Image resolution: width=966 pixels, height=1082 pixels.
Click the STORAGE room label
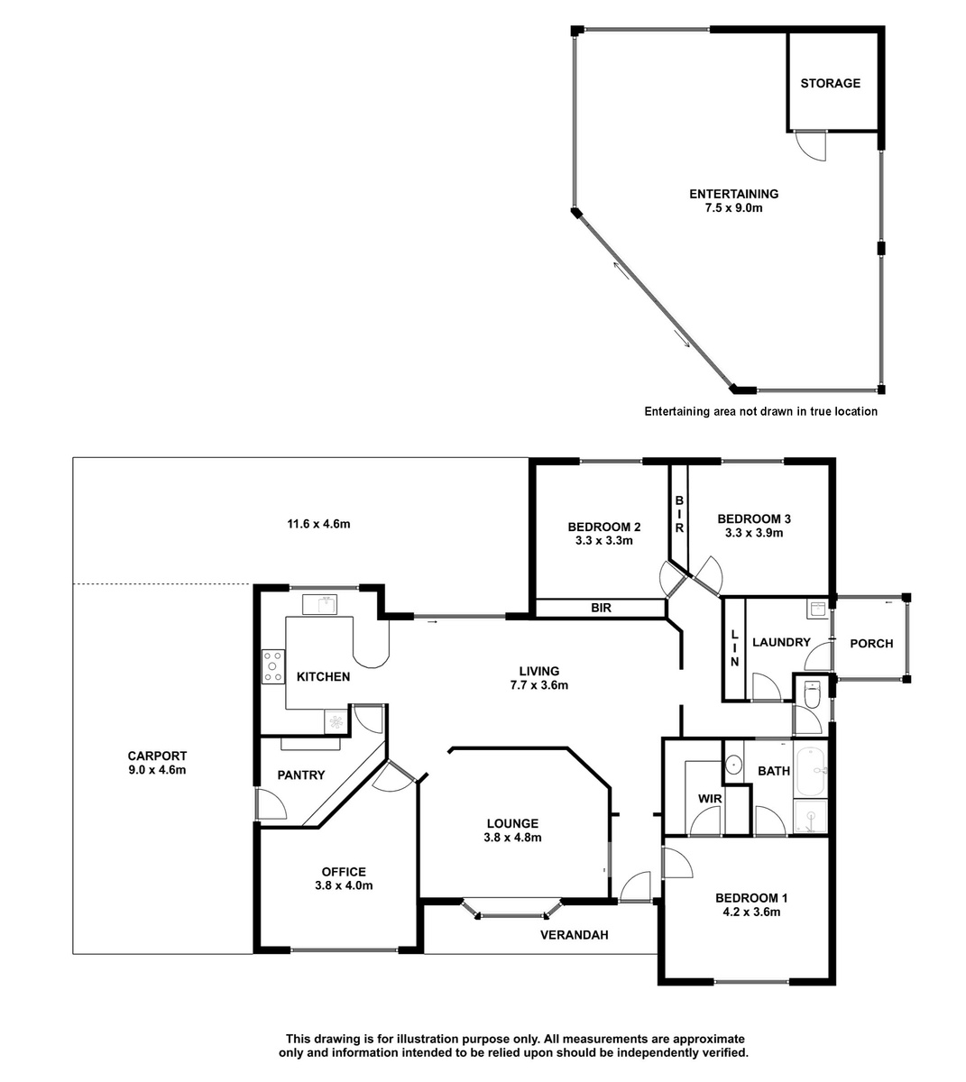[830, 83]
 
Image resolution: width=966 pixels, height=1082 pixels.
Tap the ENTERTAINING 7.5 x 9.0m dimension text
[733, 207]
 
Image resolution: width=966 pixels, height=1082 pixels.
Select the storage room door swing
[811, 145]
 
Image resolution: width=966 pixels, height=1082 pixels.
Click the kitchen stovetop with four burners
[272, 666]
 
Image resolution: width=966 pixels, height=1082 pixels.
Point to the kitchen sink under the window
[319, 604]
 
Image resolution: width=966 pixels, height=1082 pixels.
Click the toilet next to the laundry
[812, 695]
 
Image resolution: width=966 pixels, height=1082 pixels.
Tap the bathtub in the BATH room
[811, 771]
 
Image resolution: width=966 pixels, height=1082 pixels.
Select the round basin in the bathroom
[733, 765]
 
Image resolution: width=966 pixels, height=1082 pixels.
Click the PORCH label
[871, 644]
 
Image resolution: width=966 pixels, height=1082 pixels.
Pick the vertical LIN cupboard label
[734, 647]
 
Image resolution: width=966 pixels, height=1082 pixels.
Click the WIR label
[710, 799]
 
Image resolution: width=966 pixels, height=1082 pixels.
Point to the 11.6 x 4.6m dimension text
[318, 524]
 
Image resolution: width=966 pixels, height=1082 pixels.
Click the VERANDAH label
[574, 935]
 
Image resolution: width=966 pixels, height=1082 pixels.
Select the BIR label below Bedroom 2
[601, 608]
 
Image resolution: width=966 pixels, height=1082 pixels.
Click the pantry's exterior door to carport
[271, 804]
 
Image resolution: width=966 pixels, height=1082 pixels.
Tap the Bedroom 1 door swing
[677, 863]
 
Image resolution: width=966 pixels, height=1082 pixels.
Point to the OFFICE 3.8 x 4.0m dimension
[344, 885]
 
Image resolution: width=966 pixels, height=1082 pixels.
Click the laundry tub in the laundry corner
[817, 610]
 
